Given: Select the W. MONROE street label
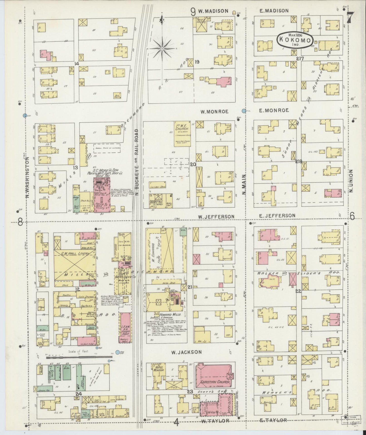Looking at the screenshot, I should [x=214, y=111].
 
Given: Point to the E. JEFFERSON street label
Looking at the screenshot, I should [x=277, y=216].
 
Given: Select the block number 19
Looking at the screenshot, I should [x=197, y=62].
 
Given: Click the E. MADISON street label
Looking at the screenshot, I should [x=274, y=11].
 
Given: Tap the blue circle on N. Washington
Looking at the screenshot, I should [x=25, y=115].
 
